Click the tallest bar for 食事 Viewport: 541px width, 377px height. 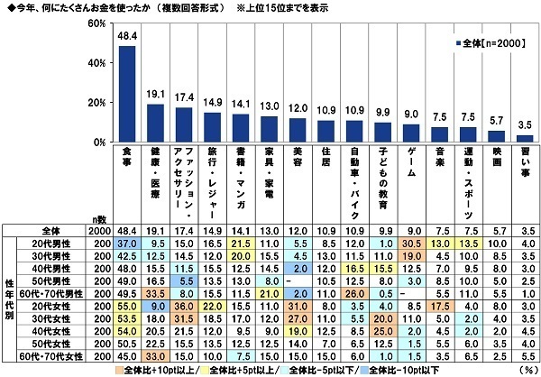tap(128, 94)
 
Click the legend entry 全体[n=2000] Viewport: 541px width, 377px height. tap(491, 42)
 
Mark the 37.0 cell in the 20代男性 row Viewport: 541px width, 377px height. tap(127, 244)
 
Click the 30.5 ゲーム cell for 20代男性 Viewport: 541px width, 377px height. tap(410, 244)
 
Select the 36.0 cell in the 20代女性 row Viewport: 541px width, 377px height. tap(184, 306)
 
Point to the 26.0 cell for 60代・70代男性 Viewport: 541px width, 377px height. tap(353, 293)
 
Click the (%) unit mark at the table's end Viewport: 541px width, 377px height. tap(527, 369)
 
